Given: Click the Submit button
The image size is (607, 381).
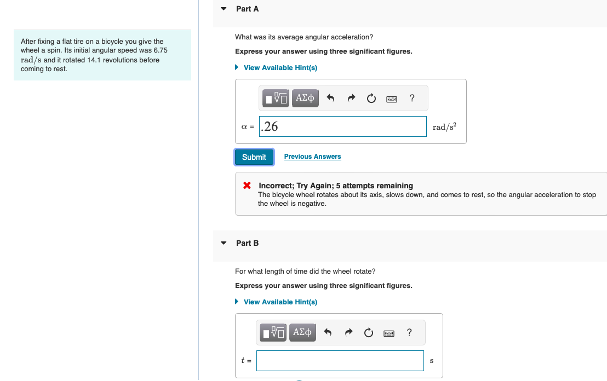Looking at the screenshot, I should pos(254,157).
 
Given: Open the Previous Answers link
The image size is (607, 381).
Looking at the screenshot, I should pos(312,157).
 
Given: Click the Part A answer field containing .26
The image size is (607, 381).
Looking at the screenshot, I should pos(343,126).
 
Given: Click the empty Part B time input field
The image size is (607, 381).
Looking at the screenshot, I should pos(340,361).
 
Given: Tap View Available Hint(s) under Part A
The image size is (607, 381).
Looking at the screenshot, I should pos(280,68).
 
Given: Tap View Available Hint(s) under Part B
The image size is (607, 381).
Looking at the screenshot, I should pos(280,302).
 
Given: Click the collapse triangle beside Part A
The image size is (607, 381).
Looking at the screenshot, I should pos(223,9).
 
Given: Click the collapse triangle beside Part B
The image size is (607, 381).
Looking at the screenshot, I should pos(223,243).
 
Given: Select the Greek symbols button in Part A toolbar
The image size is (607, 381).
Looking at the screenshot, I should pos(305,99).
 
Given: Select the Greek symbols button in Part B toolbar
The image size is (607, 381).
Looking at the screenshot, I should pos(303,332).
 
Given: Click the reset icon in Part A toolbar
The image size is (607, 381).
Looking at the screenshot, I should pos(371,99).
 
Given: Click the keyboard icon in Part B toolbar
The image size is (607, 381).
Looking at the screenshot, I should pos(389,333).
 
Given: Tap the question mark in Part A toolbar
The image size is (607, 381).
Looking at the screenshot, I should pos(412,99).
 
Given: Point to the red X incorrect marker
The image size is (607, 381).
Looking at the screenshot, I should pos(248,186).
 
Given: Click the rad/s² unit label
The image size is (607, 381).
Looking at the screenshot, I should pos(444,127).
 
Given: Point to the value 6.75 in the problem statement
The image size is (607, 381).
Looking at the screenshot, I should pos(161,50).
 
